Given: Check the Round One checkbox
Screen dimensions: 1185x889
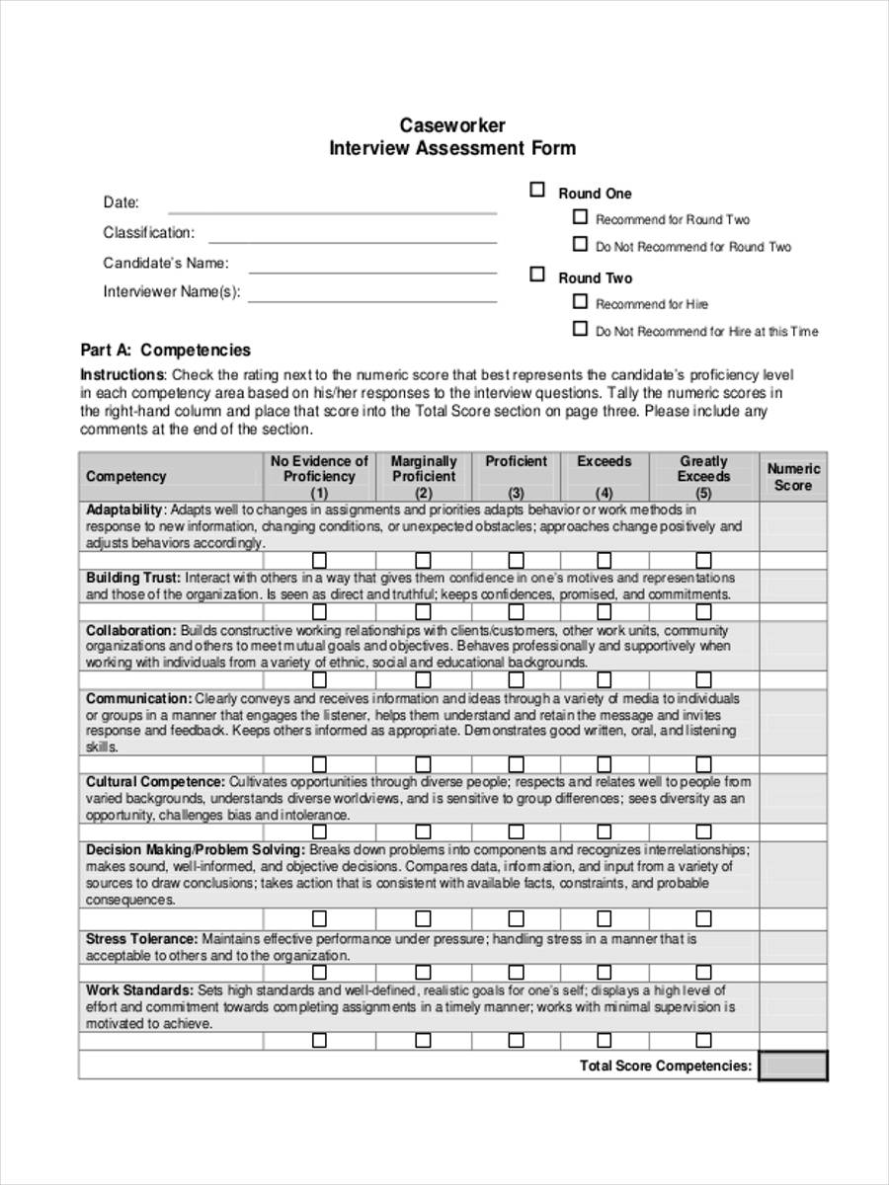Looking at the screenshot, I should coord(537,190).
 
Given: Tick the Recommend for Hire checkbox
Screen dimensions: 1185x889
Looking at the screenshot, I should coord(580,302).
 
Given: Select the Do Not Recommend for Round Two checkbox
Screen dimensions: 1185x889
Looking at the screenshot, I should coord(580,244).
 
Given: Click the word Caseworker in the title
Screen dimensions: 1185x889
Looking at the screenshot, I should coord(451,125).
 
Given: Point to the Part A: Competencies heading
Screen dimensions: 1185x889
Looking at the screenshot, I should coord(165,350).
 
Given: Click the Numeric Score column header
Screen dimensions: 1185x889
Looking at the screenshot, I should coord(793,477).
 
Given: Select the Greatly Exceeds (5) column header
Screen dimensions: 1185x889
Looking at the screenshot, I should coord(703,476).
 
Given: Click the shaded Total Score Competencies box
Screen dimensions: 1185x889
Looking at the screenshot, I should coord(793,1066).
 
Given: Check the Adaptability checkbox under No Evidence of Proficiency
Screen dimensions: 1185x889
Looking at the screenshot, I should coord(319,560).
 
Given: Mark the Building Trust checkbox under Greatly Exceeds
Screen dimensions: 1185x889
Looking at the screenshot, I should coord(703,612).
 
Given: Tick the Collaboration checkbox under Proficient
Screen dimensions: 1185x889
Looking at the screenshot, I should coord(516,680).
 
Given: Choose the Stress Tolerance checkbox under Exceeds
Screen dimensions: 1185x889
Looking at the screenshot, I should coord(605,972).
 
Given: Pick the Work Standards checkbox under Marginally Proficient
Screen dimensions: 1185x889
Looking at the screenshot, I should coord(423,1040).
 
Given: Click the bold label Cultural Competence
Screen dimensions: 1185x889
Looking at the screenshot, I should coord(155,781).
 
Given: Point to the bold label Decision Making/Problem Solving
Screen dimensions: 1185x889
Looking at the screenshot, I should coord(195,849).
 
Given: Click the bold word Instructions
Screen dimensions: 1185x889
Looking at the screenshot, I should coord(121,375).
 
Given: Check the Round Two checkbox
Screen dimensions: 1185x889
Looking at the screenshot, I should coord(537,275).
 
